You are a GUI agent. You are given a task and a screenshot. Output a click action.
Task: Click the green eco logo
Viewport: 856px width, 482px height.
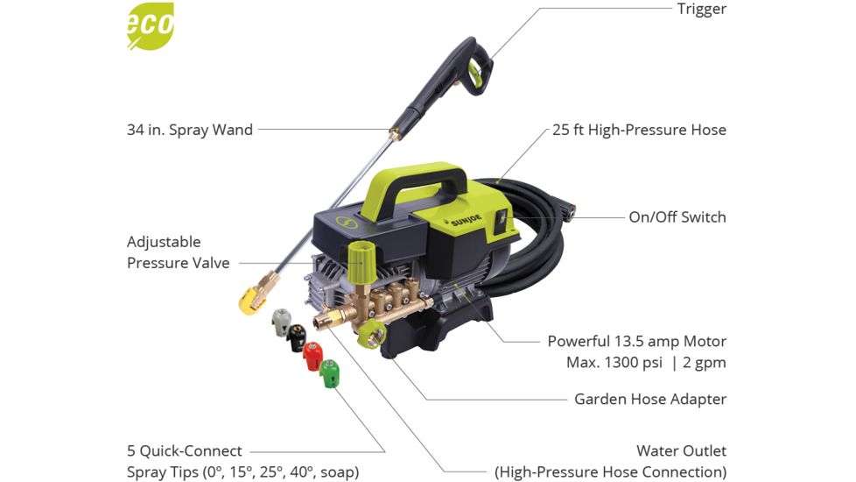pyautogui.click(x=151, y=26)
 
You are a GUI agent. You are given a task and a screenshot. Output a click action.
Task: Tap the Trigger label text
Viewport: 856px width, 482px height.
pyautogui.click(x=701, y=10)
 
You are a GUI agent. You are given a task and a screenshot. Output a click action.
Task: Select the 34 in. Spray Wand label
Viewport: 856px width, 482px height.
pyautogui.click(x=190, y=130)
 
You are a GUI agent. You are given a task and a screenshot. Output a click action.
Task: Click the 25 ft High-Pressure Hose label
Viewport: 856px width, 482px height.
pyautogui.click(x=639, y=130)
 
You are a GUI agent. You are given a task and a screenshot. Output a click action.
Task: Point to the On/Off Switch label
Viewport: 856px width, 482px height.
pyautogui.click(x=677, y=216)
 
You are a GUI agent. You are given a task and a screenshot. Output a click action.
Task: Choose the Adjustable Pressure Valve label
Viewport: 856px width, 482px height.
pyautogui.click(x=178, y=252)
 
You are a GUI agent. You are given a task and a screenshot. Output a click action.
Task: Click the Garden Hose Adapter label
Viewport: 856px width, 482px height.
pyautogui.click(x=649, y=399)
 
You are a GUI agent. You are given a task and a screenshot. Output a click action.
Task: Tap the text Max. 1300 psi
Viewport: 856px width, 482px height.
pyautogui.click(x=604, y=361)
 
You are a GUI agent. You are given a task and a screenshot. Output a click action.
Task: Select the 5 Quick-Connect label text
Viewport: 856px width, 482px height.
pyautogui.click(x=184, y=450)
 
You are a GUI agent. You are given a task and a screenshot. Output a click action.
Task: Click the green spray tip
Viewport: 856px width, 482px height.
pyautogui.click(x=330, y=374)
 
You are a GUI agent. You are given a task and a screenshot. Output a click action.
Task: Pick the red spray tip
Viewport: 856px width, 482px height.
pyautogui.click(x=312, y=356)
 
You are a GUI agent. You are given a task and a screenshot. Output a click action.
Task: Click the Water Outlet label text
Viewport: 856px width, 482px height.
pyautogui.click(x=681, y=450)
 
